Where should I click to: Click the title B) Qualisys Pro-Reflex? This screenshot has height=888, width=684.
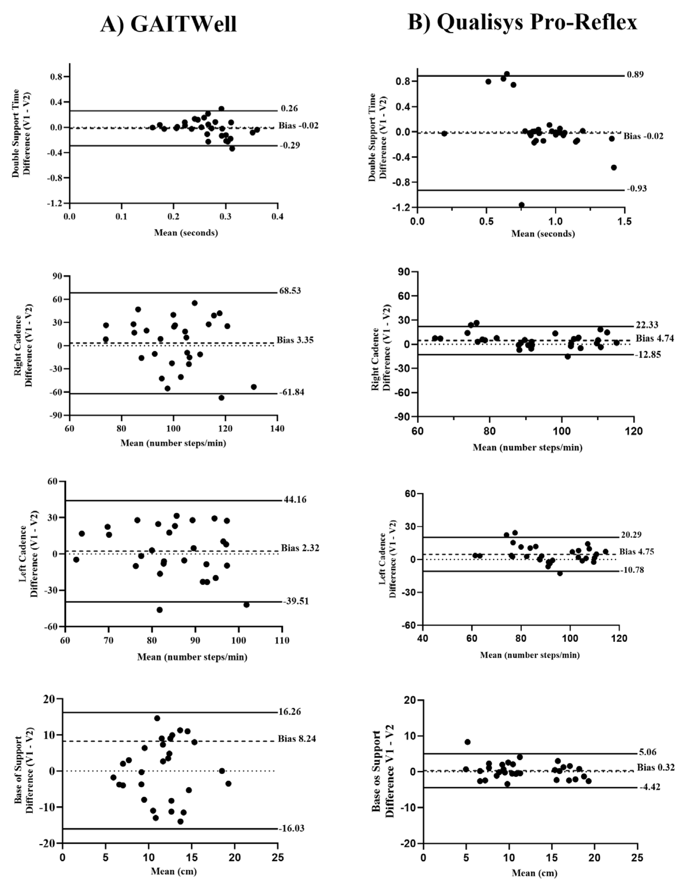(522, 22)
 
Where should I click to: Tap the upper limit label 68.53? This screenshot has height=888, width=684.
(290, 291)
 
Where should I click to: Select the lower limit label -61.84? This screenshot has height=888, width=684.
(291, 392)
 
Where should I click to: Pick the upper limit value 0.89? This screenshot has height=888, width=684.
(635, 75)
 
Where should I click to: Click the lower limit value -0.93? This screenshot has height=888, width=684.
(636, 189)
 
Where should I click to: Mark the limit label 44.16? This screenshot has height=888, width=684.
(295, 500)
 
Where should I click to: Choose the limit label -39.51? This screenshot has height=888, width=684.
(296, 601)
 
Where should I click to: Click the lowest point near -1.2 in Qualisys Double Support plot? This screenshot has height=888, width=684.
(521, 205)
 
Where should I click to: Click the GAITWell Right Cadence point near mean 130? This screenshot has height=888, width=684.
(254, 387)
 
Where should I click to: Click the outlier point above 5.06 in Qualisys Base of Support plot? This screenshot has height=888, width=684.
(467, 742)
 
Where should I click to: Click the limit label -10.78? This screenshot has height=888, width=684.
(632, 570)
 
